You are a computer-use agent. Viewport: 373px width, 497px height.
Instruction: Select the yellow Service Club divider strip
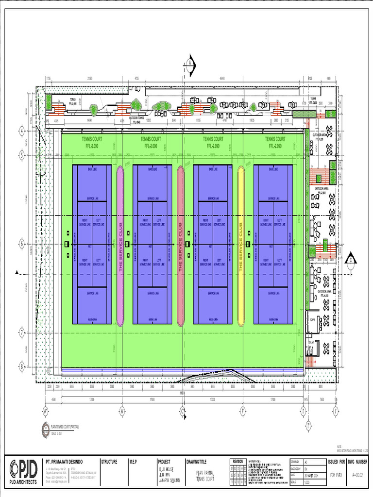240,246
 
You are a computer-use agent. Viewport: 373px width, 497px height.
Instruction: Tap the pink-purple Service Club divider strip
120,246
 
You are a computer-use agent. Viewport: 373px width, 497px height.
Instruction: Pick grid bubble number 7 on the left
21,333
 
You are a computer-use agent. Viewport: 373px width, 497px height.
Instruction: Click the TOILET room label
311,341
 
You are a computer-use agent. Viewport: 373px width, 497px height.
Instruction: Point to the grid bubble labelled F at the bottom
242,411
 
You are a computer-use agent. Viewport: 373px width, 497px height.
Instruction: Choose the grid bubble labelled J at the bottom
336,411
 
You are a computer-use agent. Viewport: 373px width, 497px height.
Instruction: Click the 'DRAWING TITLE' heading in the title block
199,462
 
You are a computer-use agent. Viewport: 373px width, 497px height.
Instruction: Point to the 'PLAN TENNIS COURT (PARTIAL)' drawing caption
65,425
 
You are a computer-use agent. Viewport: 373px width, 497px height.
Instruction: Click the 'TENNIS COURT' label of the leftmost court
91,139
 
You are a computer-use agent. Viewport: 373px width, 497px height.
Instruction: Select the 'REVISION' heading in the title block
237,461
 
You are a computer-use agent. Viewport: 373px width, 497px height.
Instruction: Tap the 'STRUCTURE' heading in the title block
109,462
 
